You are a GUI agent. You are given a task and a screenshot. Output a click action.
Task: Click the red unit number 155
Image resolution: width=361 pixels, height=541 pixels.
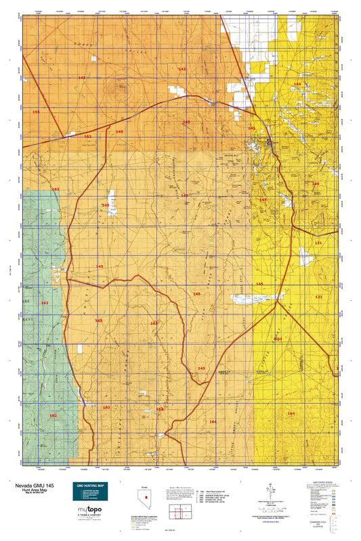pyautogui.click(x=36, y=112)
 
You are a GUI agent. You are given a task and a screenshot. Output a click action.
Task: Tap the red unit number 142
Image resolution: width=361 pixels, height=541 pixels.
pyautogui.click(x=81, y=78)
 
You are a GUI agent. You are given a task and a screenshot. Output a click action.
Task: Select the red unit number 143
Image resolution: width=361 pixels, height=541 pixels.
pyautogui.click(x=182, y=69)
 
